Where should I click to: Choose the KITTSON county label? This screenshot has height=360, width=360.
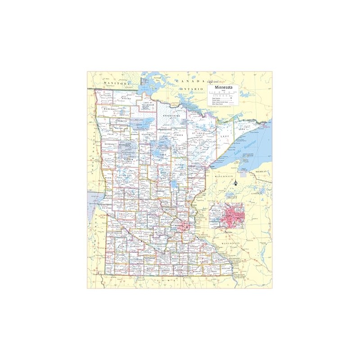[x=106, y=95]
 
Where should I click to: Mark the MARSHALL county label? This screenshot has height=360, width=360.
[x=110, y=109]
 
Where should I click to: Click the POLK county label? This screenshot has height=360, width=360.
[x=110, y=134]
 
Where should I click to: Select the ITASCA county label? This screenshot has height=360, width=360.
[x=178, y=135]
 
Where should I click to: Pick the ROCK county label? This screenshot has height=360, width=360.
[x=109, y=268]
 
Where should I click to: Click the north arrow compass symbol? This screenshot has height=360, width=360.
[x=235, y=183]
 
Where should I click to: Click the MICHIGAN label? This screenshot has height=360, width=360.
[x=261, y=172]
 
